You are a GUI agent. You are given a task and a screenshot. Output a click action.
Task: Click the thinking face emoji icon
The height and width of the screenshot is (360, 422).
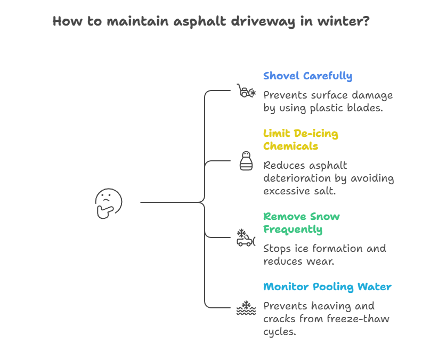click(x=109, y=203)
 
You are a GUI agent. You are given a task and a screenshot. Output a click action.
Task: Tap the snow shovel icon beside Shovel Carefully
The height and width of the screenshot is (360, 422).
click(x=245, y=91)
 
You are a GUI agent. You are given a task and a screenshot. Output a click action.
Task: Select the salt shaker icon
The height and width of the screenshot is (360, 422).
click(x=246, y=161)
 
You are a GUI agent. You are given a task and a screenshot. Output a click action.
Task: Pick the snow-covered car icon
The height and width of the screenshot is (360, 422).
click(x=246, y=238)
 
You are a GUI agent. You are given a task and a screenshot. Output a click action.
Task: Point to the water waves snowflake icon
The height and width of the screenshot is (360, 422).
click(x=246, y=308)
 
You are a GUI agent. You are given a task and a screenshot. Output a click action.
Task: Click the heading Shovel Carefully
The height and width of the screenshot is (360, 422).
click(x=307, y=76)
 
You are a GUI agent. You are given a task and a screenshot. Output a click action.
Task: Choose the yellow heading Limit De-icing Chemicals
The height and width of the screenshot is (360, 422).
click(x=301, y=140)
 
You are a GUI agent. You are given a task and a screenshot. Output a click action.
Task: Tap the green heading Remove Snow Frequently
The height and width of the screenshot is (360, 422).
click(x=301, y=223)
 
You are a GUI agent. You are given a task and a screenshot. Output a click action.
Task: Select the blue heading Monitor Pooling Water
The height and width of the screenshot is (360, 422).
click(x=327, y=287)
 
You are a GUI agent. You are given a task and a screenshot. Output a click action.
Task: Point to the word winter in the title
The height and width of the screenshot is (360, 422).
click(x=341, y=22)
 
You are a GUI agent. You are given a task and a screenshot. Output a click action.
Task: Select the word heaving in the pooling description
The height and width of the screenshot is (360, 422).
click(x=330, y=306)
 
